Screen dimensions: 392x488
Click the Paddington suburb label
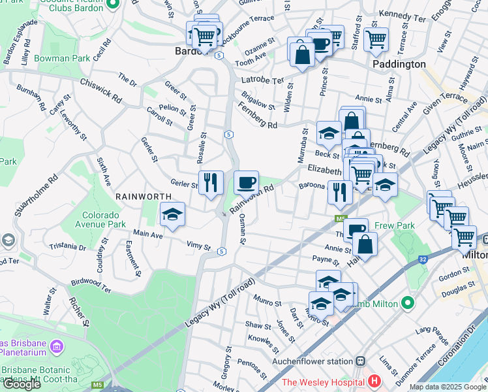(x=399, y=65)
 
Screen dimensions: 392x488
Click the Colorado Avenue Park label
(x=113, y=220)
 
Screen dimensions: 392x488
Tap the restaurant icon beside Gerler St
(x=211, y=182)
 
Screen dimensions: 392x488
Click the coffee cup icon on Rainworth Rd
(x=246, y=182)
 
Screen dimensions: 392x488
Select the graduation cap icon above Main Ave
(x=172, y=214)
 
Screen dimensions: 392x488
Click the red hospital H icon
(x=374, y=380)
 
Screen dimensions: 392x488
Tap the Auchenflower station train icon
(x=359, y=361)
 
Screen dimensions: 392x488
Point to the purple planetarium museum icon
(x=57, y=345)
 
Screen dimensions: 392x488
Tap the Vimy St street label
(x=199, y=248)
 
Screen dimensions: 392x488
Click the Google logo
(x=22, y=384)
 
